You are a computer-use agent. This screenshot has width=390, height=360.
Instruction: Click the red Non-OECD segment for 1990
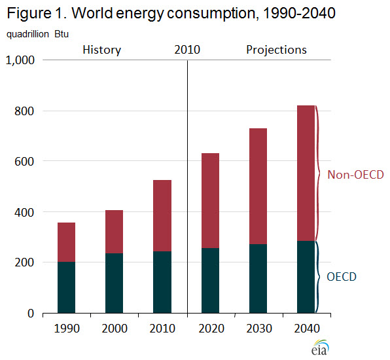66,242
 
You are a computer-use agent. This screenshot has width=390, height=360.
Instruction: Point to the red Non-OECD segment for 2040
306,173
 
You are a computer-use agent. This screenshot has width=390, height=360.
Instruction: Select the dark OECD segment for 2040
306,277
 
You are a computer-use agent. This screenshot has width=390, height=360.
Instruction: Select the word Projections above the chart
276,50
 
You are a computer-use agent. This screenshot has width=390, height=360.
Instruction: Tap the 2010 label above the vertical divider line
187,50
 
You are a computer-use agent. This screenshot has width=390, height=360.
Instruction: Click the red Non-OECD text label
355,175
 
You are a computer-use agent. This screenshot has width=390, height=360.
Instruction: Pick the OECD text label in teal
341,277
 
